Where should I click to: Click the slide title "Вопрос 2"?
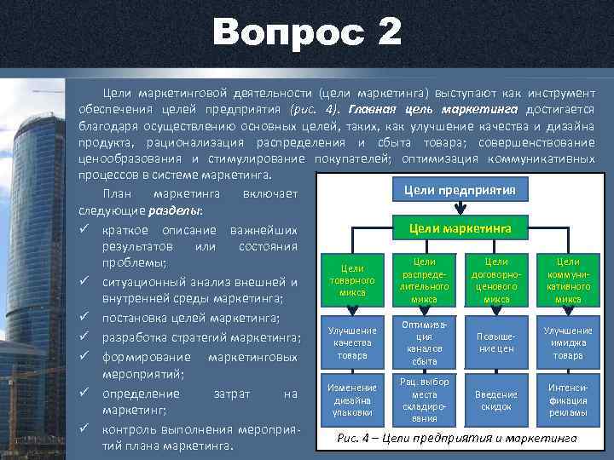[x=307, y=34]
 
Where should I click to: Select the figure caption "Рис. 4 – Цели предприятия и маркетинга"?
[x=456, y=438]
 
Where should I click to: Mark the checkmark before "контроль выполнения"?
[x=84, y=428]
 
